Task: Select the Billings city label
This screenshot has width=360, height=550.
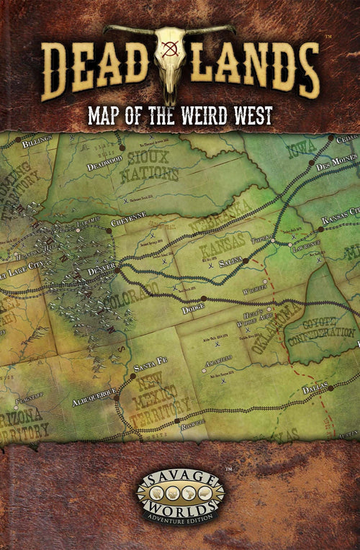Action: click(37, 144)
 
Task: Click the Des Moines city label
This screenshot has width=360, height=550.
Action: click(336, 161)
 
